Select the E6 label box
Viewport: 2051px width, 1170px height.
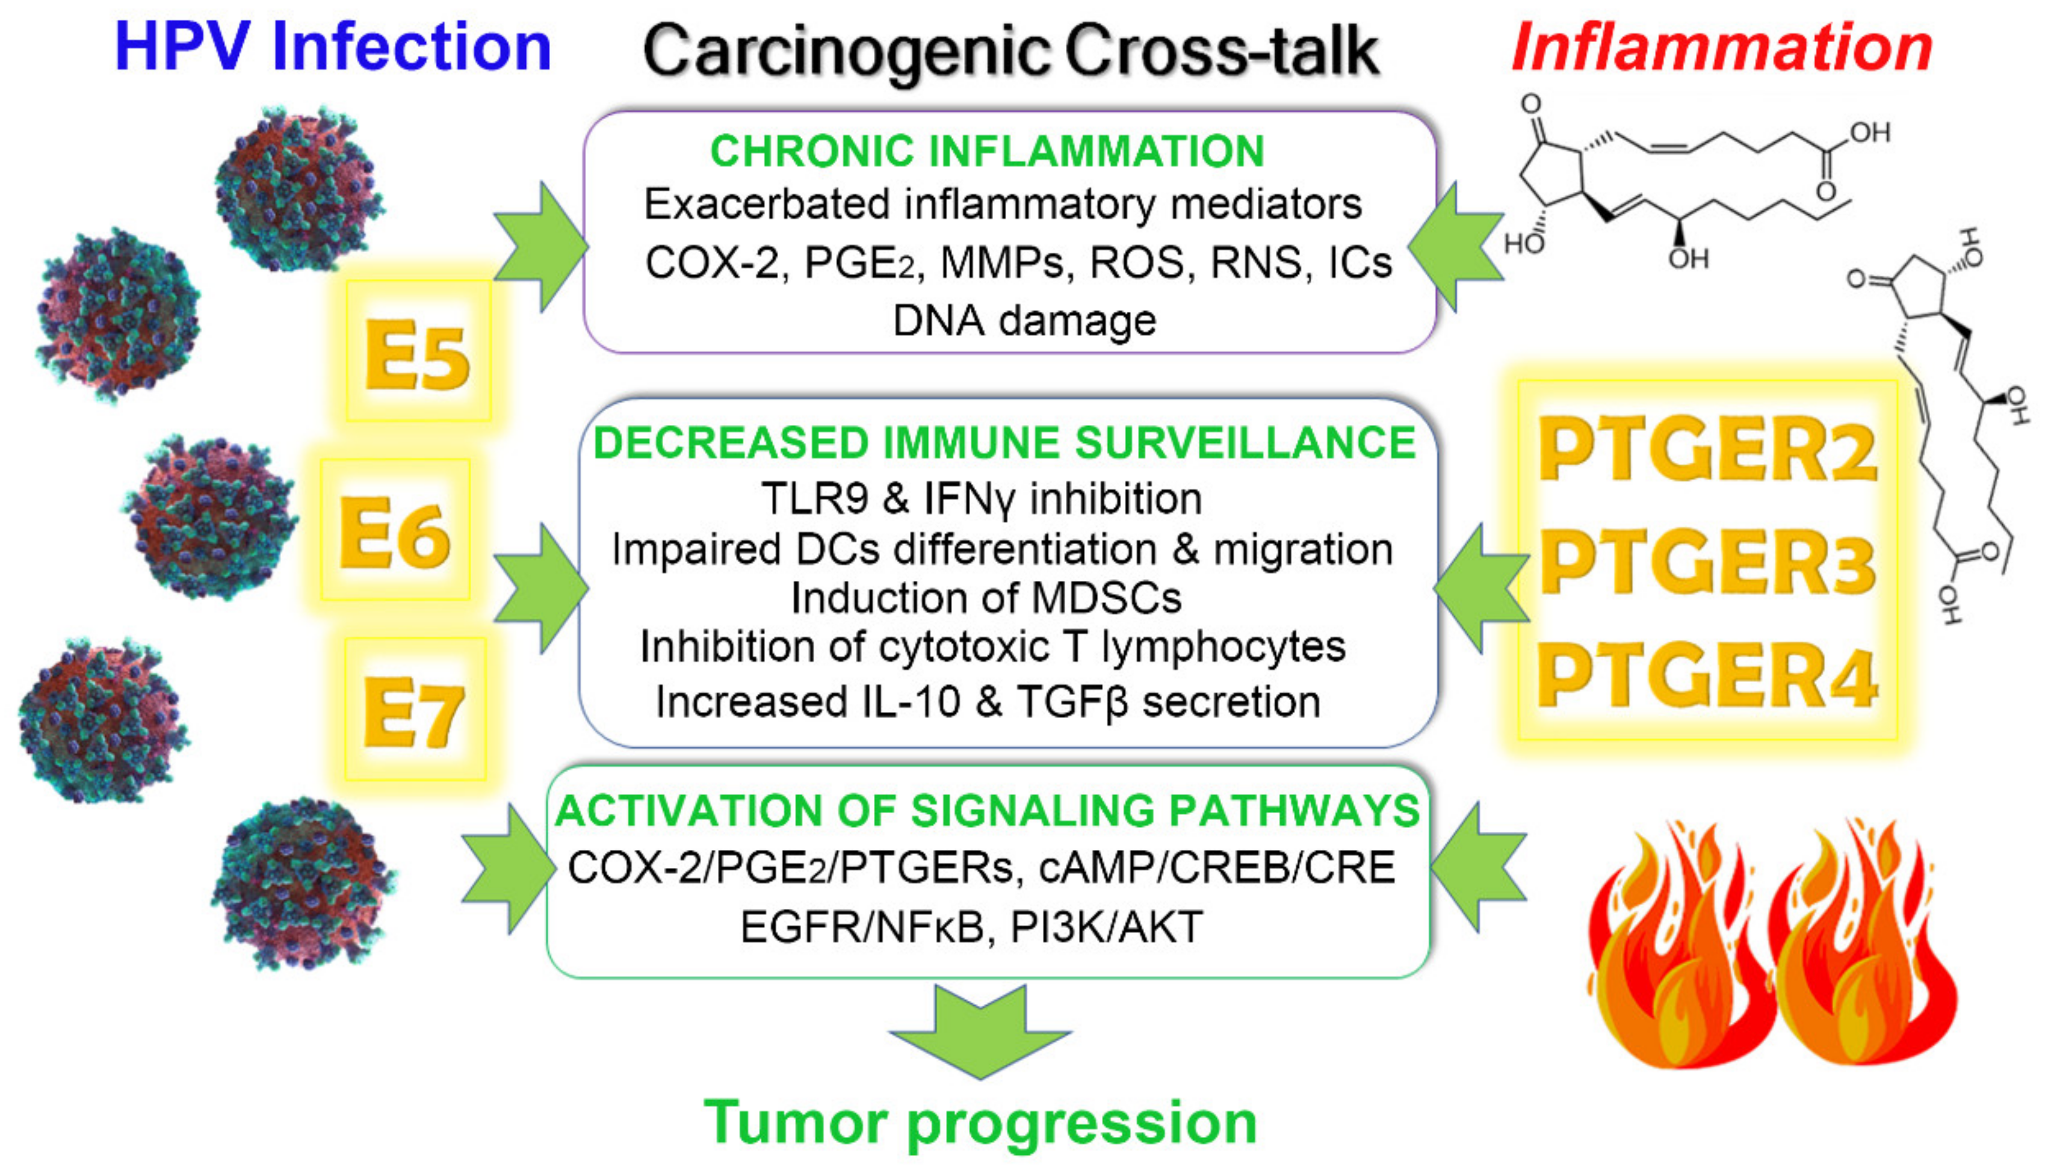(394, 530)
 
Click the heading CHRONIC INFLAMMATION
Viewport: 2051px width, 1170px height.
(988, 151)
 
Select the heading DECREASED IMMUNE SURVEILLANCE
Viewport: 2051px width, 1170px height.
(1004, 443)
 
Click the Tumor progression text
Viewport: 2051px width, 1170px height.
(980, 1122)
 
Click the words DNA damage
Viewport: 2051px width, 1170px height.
(1024, 321)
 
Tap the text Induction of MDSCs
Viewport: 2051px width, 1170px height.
(986, 598)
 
